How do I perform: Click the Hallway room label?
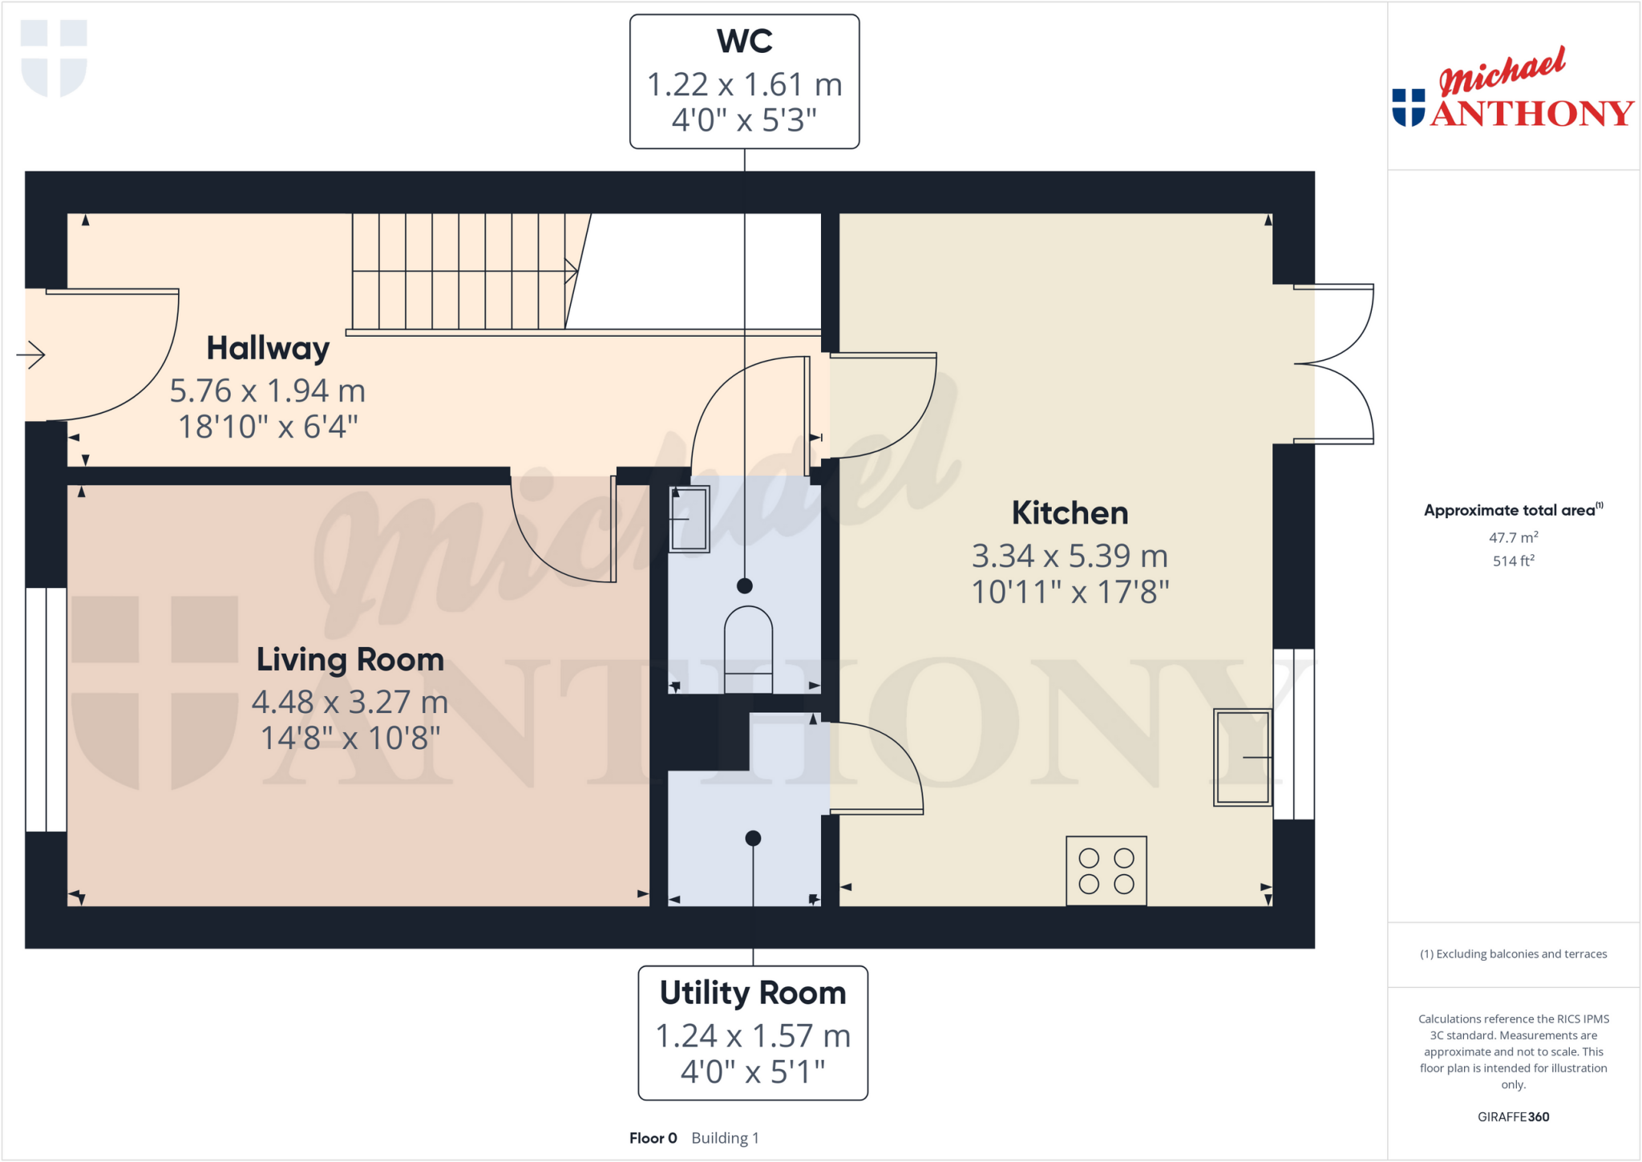coord(268,349)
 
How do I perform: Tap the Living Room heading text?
coord(350,660)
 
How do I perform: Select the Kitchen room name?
coord(1070,513)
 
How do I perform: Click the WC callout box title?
coord(744,42)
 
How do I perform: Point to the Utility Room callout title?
coord(752,993)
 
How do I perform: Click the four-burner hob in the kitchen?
coord(1106,871)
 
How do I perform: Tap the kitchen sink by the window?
coord(1241,757)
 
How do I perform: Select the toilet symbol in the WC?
coord(748,650)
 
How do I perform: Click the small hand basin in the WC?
coord(689,519)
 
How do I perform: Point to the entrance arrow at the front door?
coord(31,354)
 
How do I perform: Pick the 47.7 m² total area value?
coord(1513,537)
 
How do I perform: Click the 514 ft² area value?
coord(1513,561)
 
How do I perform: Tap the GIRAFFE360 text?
coord(1513,1116)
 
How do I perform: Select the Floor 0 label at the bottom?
coord(653,1138)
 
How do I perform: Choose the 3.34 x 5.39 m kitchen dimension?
coord(1070,556)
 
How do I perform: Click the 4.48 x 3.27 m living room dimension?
coord(350,702)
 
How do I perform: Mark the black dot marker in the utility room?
coord(753,839)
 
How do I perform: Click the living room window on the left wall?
coord(46,710)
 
